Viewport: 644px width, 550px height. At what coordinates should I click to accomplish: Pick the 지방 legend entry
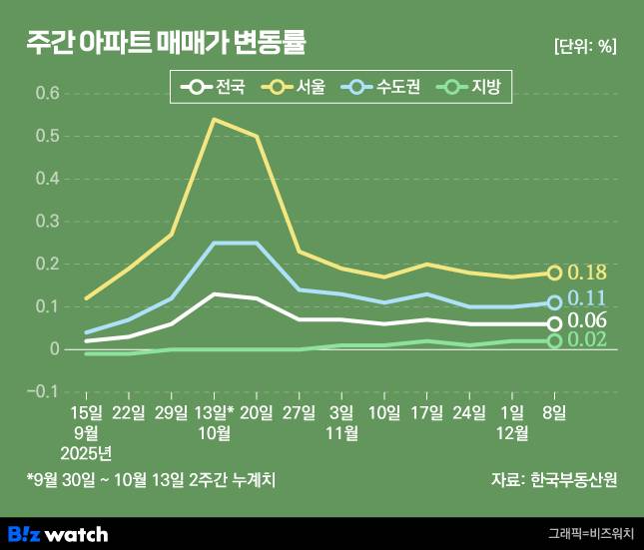point(474,87)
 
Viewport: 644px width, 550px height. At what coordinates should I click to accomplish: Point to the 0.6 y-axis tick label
point(47,93)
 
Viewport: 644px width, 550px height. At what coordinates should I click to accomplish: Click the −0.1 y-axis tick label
point(45,391)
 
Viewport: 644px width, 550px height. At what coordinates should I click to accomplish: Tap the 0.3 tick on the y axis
point(47,221)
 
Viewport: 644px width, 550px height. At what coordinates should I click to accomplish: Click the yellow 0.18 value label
point(587,273)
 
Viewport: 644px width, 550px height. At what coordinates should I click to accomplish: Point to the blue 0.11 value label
point(587,298)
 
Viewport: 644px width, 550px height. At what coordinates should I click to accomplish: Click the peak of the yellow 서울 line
point(215,119)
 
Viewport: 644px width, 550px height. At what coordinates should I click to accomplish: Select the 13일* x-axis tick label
point(216,412)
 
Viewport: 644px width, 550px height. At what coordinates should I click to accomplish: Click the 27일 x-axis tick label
point(300,412)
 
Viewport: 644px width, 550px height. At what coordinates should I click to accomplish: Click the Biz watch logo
point(58,534)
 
